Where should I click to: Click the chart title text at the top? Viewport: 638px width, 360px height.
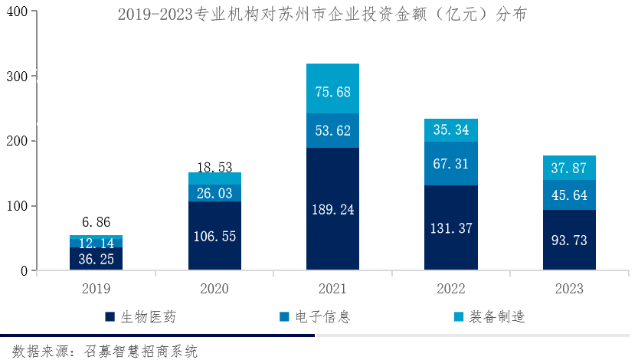pos(322,15)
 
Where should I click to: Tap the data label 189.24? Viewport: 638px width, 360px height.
pos(332,209)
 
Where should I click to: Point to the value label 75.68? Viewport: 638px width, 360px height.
pos(332,92)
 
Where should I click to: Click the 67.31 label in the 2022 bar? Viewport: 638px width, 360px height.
pos(450,164)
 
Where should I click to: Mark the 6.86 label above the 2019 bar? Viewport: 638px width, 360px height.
pos(96,223)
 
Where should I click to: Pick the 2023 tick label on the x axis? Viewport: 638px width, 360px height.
pos(569,289)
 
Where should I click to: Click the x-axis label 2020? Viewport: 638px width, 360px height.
pos(214,289)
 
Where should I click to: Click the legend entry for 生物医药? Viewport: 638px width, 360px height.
pos(146,316)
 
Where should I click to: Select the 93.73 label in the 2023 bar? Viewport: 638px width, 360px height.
pos(569,241)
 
